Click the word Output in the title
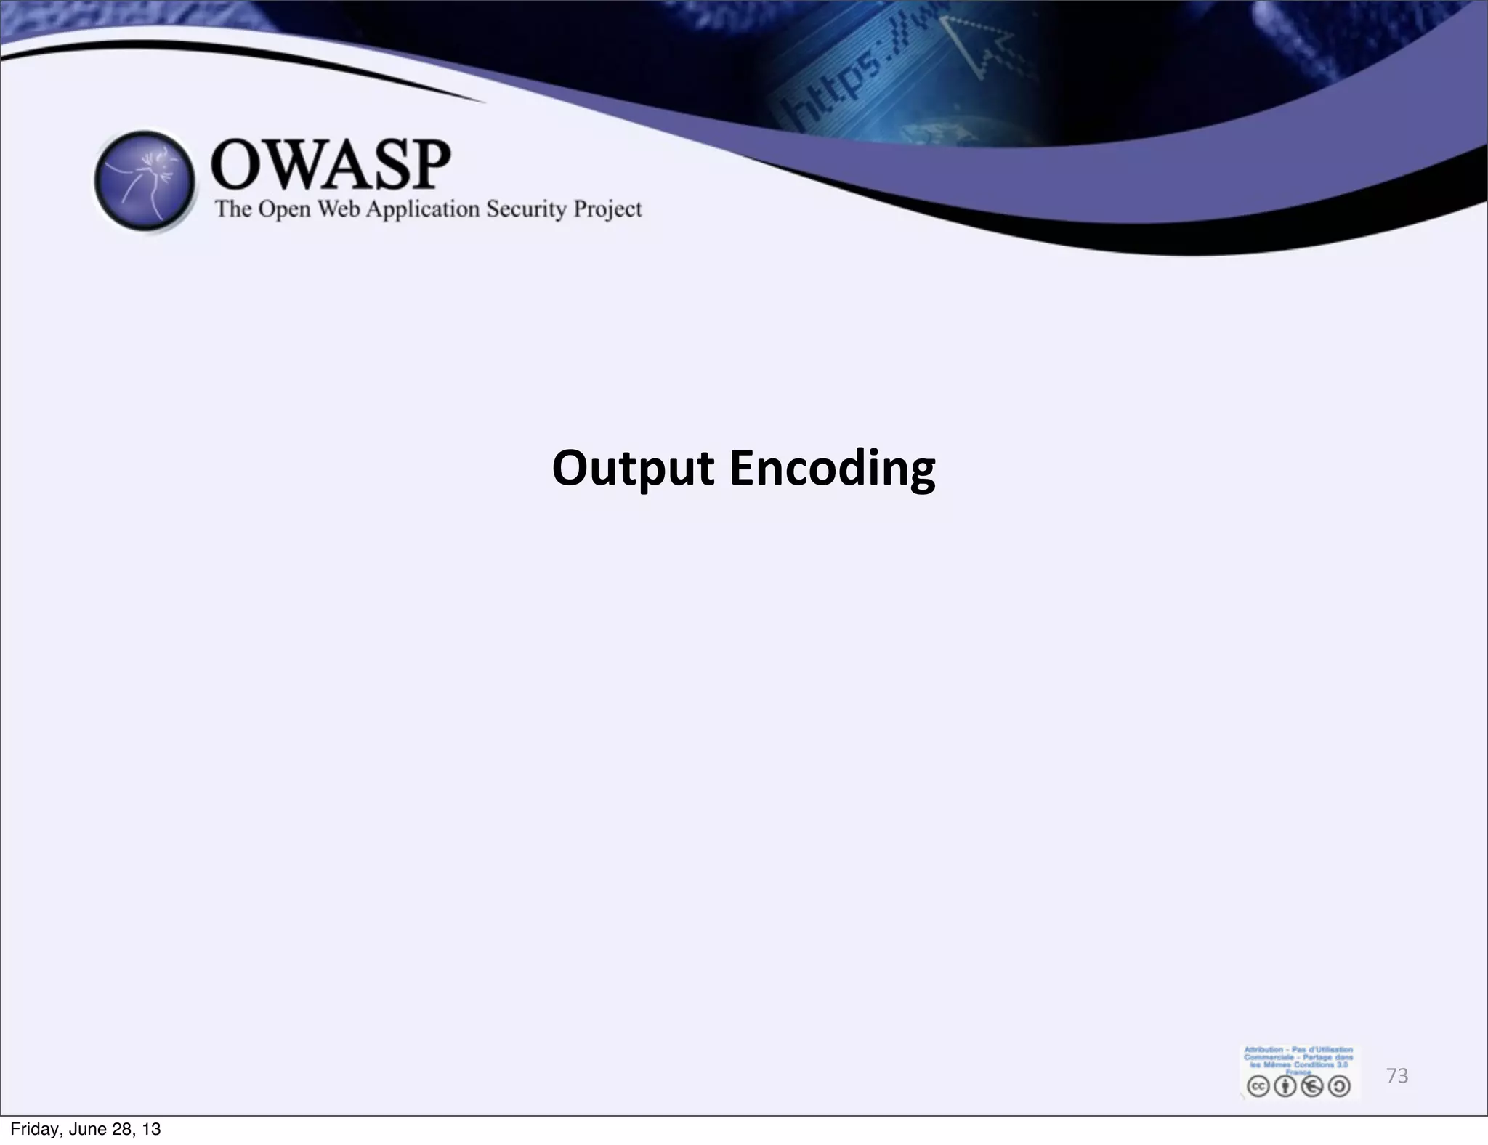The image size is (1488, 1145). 633,469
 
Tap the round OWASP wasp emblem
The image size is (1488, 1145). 145,181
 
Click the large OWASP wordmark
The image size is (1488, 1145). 331,165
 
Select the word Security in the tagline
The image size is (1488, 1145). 526,209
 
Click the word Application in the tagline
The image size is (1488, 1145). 422,210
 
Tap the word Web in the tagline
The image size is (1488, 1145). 339,209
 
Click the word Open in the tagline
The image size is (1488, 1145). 284,210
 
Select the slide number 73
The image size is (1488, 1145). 1396,1076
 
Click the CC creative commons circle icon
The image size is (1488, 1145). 1258,1086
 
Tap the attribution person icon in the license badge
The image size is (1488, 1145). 1285,1086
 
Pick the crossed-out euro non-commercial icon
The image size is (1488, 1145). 1312,1086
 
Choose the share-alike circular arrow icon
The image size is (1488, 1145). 1339,1086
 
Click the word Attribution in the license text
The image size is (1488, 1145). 1263,1050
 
